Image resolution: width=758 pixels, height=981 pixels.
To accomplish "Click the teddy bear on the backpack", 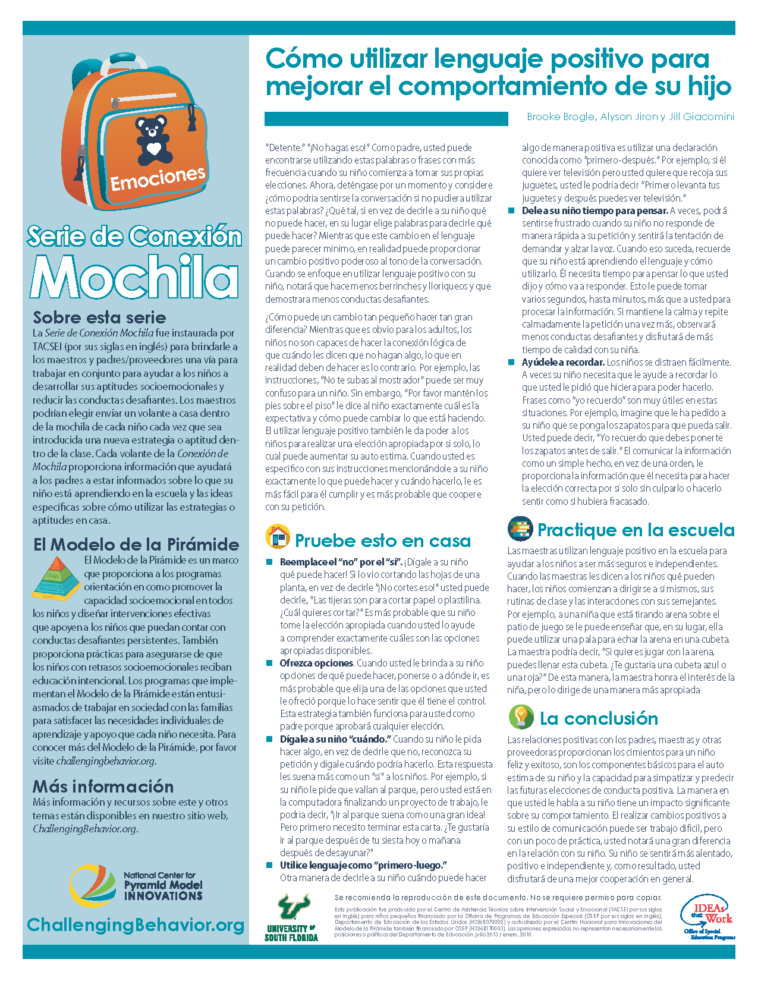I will pyautogui.click(x=155, y=140).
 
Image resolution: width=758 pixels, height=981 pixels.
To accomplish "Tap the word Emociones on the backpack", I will pyautogui.click(x=158, y=178).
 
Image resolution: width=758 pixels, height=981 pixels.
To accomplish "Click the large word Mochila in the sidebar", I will pyautogui.click(x=135, y=276).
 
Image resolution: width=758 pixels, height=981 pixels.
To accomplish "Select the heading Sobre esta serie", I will pyautogui.click(x=99, y=317).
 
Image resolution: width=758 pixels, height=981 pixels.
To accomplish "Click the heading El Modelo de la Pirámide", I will pyautogui.click(x=136, y=544).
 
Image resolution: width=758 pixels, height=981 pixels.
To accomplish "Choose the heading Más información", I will pyautogui.click(x=103, y=786).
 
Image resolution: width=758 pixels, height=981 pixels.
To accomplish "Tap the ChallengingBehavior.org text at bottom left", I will pyautogui.click(x=136, y=925).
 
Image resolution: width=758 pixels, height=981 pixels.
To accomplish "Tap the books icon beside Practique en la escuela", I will pyautogui.click(x=520, y=529).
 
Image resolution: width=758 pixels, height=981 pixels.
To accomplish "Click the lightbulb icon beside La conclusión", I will pyautogui.click(x=521, y=717).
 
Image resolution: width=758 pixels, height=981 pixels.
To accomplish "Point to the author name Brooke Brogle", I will pyautogui.click(x=560, y=117).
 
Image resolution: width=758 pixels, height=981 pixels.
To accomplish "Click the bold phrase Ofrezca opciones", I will pyautogui.click(x=316, y=663).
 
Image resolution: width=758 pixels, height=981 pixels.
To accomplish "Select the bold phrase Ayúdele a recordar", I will pyautogui.click(x=563, y=362).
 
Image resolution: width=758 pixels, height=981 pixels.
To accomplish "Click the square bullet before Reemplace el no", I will pyautogui.click(x=269, y=562).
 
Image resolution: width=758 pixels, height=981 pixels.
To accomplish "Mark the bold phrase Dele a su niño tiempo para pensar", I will pyautogui.click(x=595, y=210).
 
